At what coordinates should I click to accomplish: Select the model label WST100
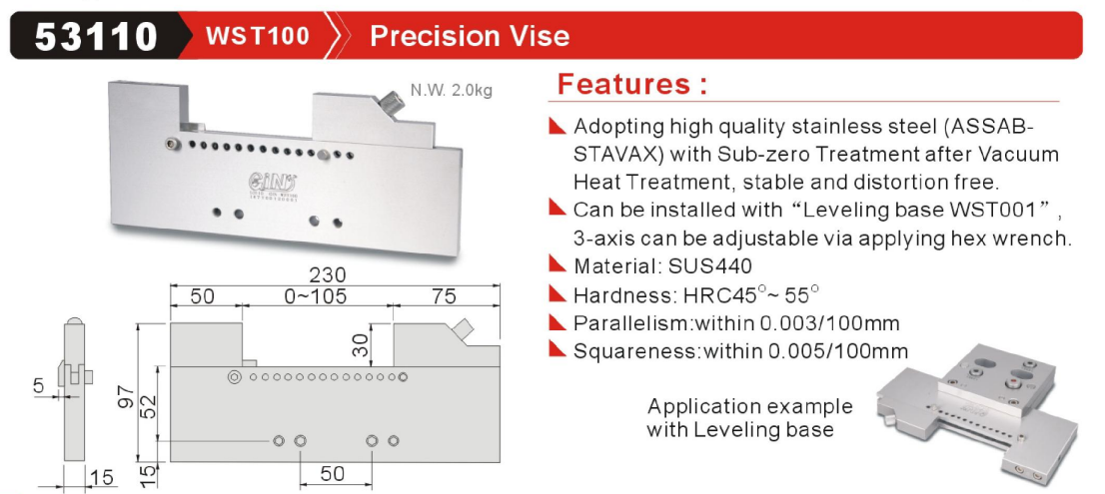coord(257,36)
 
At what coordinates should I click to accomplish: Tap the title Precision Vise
coord(470,36)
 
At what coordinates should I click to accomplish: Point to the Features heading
coord(631,85)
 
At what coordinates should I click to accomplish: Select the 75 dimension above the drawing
coord(445,296)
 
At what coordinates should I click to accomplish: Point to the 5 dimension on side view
coord(39,384)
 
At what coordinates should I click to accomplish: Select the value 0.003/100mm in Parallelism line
coord(829,323)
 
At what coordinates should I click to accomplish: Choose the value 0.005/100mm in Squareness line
coord(837,350)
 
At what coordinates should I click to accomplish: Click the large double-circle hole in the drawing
coord(234,378)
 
